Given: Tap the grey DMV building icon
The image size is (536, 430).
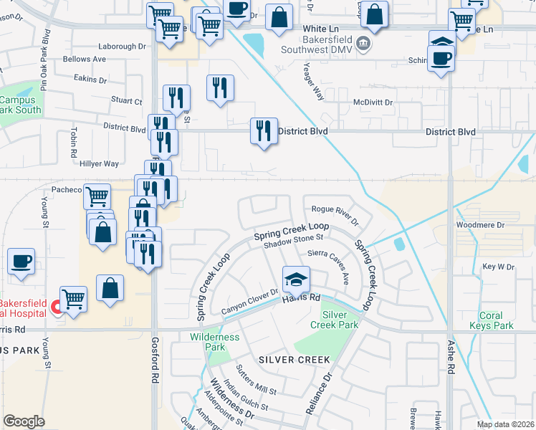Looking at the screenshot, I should click(x=363, y=44).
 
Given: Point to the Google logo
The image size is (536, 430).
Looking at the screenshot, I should click(x=24, y=421).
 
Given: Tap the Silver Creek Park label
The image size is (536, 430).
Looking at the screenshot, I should click(x=340, y=320).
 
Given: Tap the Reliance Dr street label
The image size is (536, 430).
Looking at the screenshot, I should click(x=320, y=393).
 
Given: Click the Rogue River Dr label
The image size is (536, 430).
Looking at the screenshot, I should click(x=334, y=210).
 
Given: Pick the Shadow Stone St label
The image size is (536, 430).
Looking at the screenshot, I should click(x=294, y=242).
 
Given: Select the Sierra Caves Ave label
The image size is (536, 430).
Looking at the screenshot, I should click(x=328, y=258).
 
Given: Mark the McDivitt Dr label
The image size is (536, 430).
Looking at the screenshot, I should click(x=373, y=102).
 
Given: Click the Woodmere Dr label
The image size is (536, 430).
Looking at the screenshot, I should click(x=481, y=225).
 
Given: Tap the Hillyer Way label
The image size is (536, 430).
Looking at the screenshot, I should click(x=100, y=163).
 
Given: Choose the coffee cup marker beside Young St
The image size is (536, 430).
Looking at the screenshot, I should click(x=21, y=261).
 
